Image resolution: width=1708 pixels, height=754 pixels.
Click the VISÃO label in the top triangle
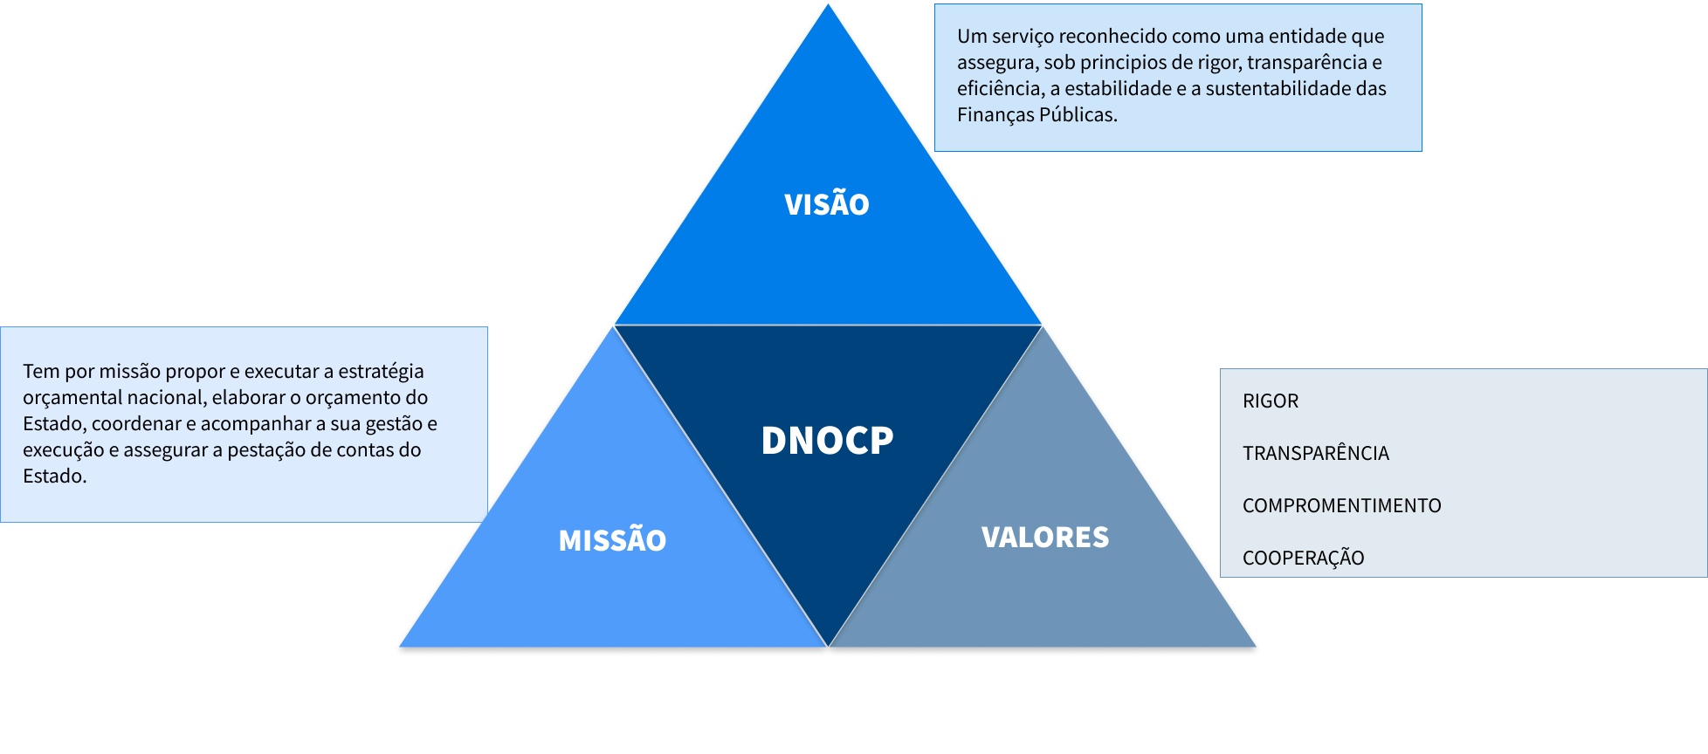tap(827, 204)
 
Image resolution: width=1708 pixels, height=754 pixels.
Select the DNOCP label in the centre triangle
tap(827, 440)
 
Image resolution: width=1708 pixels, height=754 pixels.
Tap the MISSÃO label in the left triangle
tap(612, 540)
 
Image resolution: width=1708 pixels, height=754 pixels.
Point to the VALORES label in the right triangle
tap(1045, 537)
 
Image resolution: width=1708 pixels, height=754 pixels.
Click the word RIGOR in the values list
tap(1271, 401)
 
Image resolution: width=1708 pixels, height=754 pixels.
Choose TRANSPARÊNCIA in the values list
tap(1315, 453)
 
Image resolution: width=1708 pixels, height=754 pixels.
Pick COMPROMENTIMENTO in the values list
tap(1341, 505)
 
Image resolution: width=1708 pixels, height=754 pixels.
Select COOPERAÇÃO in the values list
tap(1303, 558)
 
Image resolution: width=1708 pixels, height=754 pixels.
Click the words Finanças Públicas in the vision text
tap(1037, 114)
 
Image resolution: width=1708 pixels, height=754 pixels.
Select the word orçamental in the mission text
tap(66, 397)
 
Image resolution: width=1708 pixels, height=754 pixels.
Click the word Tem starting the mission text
tap(40, 371)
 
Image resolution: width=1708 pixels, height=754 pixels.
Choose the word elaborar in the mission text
tap(247, 397)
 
